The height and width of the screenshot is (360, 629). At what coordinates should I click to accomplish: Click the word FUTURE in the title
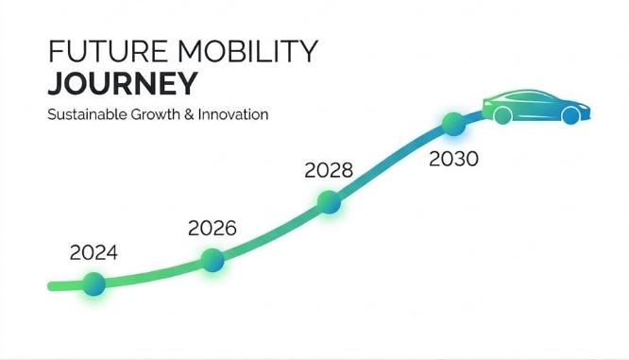(x=108, y=51)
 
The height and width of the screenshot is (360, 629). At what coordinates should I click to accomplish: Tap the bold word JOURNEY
(x=123, y=83)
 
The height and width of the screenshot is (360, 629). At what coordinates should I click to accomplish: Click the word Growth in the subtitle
(x=155, y=114)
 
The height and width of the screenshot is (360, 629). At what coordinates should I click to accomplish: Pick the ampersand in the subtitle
(x=189, y=114)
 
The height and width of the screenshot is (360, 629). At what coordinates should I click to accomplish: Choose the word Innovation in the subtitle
(x=233, y=114)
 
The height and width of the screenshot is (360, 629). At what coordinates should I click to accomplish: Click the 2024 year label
(x=93, y=253)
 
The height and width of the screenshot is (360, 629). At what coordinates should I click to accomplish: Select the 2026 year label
(x=212, y=229)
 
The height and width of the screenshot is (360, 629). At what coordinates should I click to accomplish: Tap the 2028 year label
(x=329, y=170)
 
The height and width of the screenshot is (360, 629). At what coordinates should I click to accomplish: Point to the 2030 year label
(x=453, y=159)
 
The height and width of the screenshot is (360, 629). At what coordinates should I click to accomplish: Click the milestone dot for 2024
(x=93, y=284)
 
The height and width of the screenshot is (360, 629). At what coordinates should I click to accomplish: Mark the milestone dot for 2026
(x=212, y=260)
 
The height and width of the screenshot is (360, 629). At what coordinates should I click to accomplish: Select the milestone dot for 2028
(x=329, y=201)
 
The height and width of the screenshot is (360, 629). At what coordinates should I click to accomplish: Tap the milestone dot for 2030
(x=453, y=124)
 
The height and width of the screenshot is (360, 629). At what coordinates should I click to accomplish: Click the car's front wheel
(x=570, y=115)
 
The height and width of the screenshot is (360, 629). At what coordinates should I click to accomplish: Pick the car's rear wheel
(x=503, y=115)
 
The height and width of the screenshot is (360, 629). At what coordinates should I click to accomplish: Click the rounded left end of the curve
(x=51, y=286)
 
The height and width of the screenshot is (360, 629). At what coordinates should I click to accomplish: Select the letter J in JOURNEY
(x=55, y=83)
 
